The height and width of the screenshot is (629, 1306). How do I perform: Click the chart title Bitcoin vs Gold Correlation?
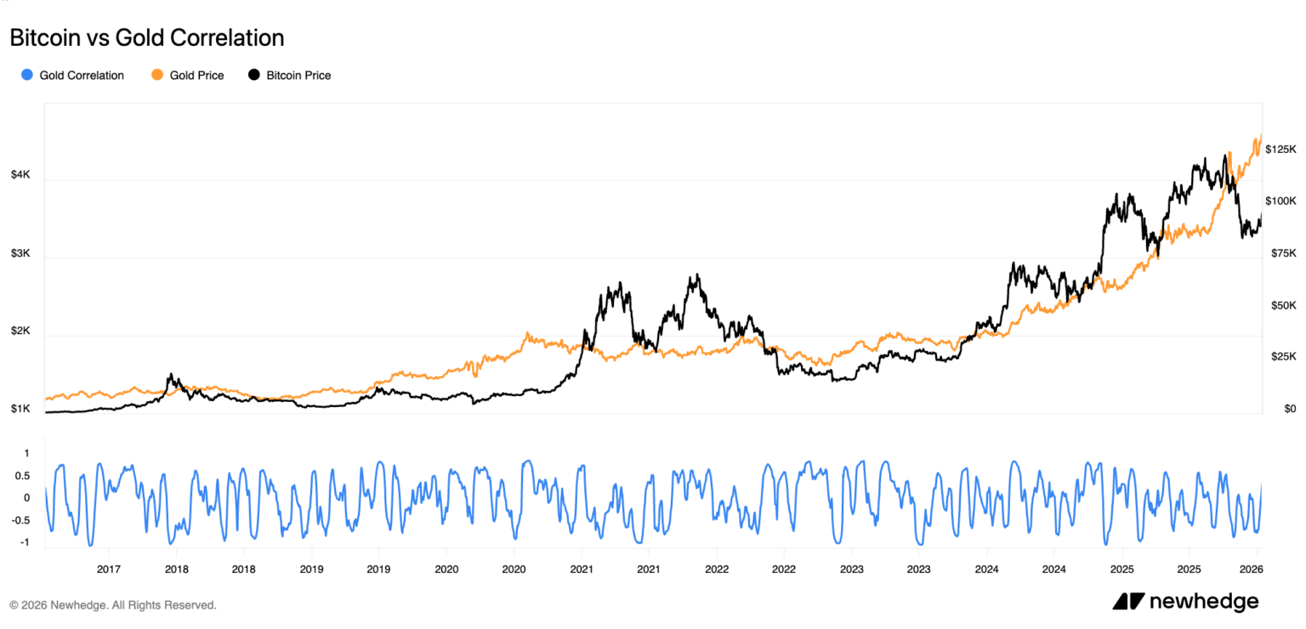click(x=146, y=37)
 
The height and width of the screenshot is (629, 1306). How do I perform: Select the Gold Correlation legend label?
click(x=82, y=76)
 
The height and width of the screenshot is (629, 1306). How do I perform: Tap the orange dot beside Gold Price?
click(x=157, y=76)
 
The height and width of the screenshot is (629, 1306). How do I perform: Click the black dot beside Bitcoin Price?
click(x=254, y=76)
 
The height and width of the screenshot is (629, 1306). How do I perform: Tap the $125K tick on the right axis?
click(x=1280, y=149)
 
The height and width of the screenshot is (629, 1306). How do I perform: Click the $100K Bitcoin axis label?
click(x=1280, y=201)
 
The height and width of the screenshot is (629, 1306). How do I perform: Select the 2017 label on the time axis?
click(x=108, y=568)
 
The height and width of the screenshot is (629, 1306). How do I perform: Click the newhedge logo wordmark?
click(x=1203, y=602)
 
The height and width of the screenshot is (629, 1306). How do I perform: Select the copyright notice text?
click(x=113, y=605)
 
